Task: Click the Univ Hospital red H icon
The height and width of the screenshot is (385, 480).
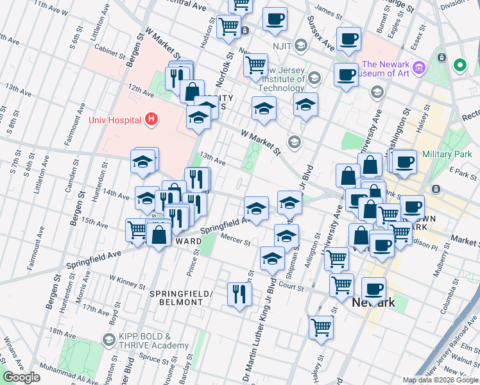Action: coord(151,119)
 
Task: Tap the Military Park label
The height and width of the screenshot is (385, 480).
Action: coord(449,155)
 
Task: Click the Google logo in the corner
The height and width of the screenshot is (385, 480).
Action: coord(22,377)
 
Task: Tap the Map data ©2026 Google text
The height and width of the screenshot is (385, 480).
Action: coord(440,380)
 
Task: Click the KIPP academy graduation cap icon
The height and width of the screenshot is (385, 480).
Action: coord(108,339)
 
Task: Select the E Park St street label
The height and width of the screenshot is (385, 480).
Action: coord(459,171)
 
